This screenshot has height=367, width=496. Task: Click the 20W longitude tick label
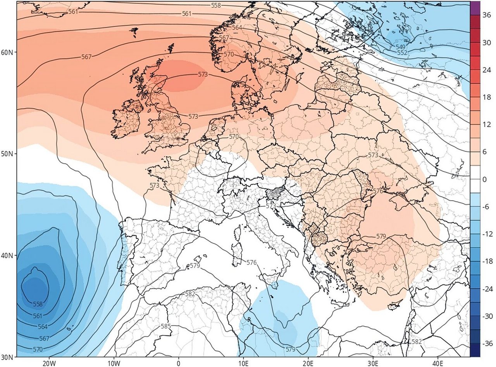(49, 363)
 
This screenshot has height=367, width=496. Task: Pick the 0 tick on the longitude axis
(179, 363)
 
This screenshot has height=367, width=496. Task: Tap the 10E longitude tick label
(243, 363)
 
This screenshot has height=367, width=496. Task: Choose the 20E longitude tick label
(308, 363)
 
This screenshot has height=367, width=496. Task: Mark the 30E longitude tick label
(373, 363)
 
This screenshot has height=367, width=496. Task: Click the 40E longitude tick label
(438, 363)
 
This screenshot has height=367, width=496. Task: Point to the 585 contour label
(165, 326)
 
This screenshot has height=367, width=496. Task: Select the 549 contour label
(400, 47)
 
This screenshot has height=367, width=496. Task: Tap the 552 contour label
(403, 53)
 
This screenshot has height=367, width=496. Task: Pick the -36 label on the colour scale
(486, 344)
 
